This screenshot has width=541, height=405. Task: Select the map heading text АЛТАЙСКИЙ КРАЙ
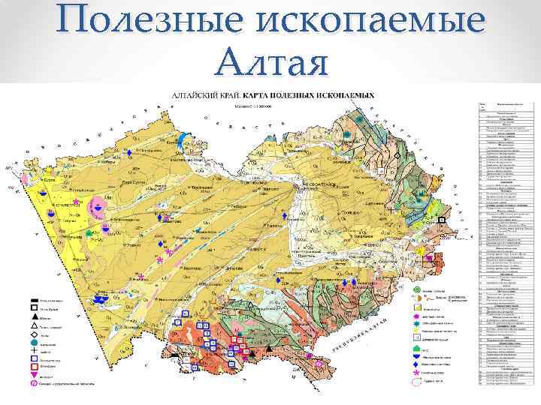click(202, 97)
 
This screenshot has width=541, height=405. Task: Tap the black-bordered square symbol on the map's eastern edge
click(443, 219)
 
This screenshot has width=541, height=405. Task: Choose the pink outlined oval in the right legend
click(416, 381)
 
